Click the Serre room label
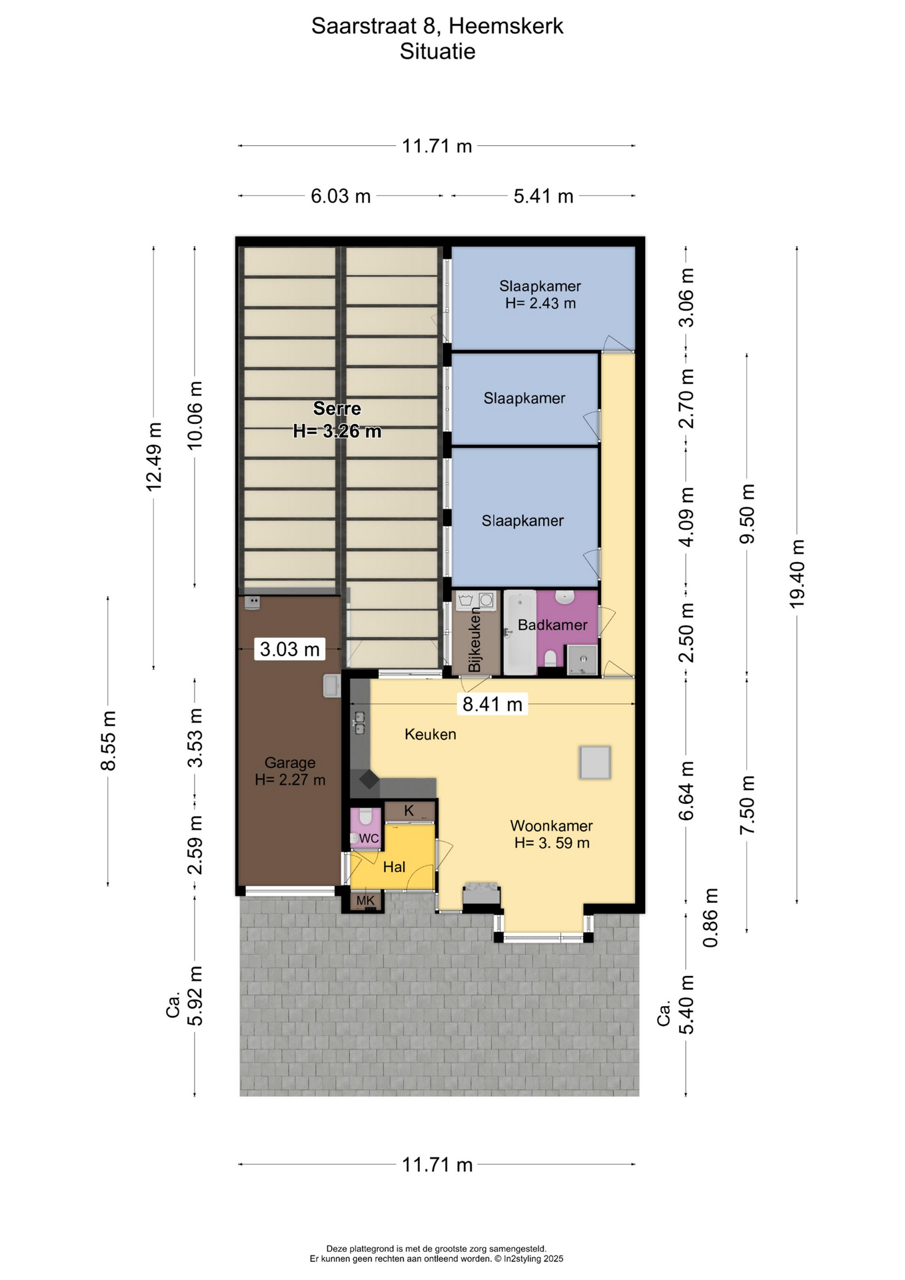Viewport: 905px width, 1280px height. coord(337,409)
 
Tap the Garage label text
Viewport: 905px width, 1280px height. coord(290,763)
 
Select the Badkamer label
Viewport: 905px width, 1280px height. coord(552,625)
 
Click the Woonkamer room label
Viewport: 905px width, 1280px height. coord(551,825)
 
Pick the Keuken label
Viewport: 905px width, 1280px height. coord(431,734)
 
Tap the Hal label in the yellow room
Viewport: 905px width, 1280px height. coord(394,867)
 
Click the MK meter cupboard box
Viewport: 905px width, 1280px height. coord(365,901)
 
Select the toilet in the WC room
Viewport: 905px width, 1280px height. coord(365,816)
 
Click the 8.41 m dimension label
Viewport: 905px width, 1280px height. coord(492,704)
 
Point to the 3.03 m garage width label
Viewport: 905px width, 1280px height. coord(289,649)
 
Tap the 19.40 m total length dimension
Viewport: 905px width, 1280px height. coord(797,574)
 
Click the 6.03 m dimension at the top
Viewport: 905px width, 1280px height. coord(341,196)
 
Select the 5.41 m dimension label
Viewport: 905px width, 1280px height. coord(543,196)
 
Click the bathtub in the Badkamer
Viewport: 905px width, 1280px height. coord(520,632)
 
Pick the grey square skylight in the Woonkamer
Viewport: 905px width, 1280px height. coord(595,763)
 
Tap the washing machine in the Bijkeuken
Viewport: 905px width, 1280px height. coord(486,601)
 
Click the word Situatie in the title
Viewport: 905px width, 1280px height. coord(438,51)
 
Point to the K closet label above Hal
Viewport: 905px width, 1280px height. coord(409,811)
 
